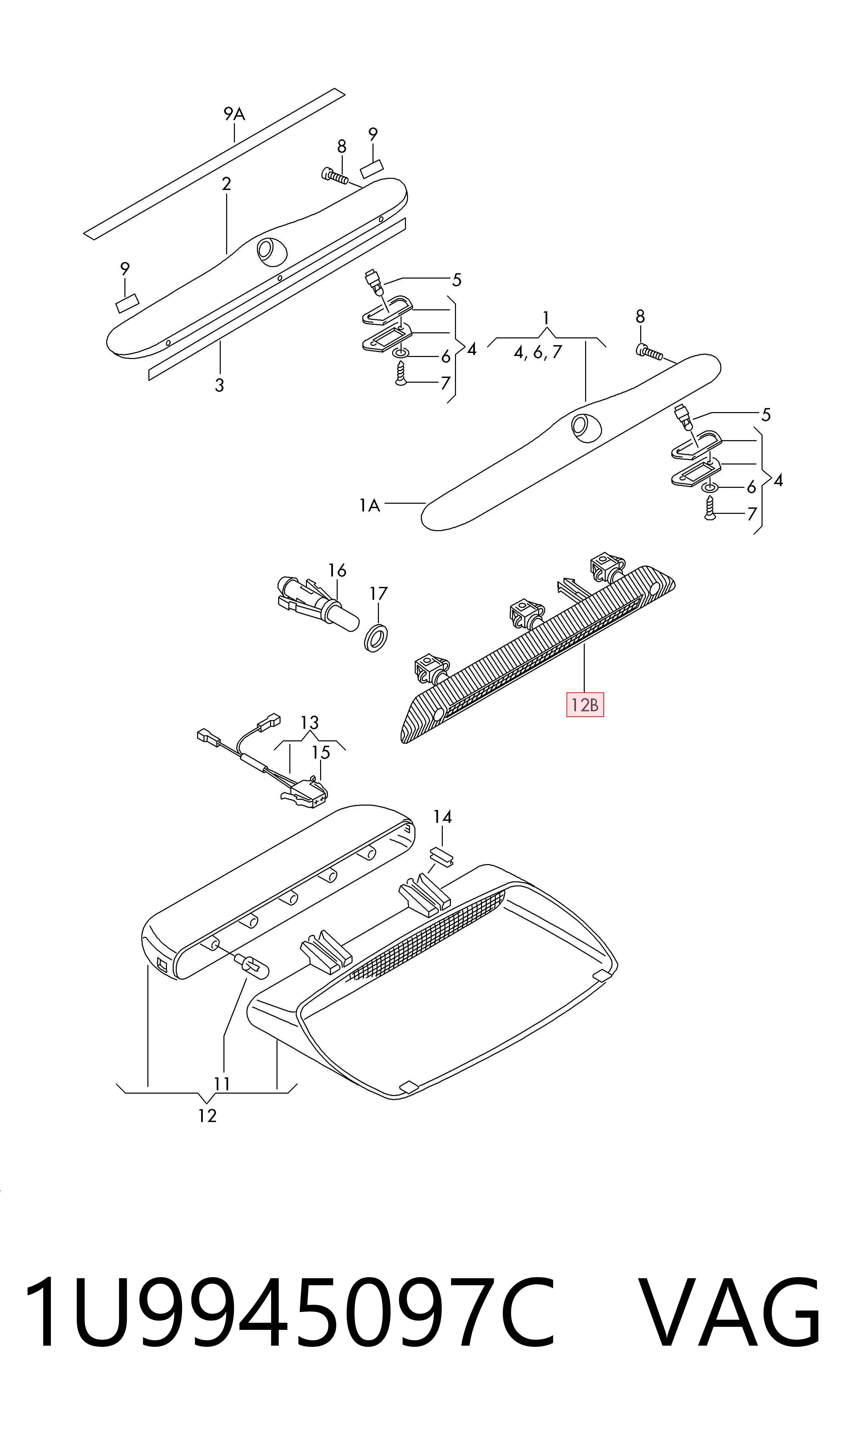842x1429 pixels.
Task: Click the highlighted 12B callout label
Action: (585, 706)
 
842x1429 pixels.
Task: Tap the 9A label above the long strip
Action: (234, 115)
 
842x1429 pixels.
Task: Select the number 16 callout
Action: (338, 570)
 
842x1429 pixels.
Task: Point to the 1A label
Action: (369, 505)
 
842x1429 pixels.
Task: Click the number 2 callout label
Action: (226, 184)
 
